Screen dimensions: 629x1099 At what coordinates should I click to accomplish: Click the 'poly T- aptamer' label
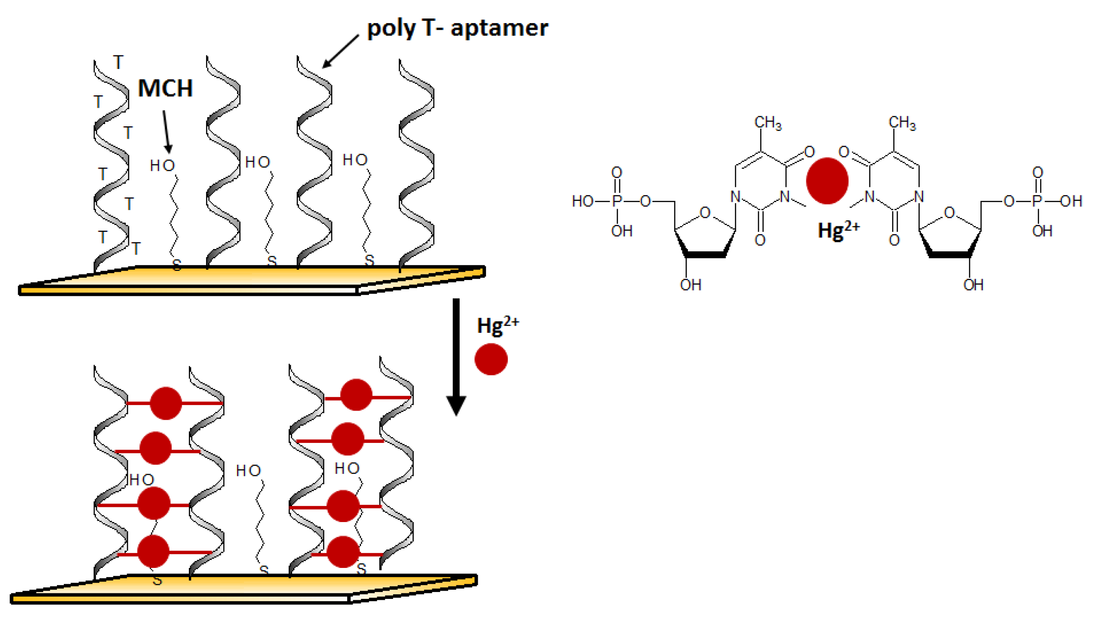tap(457, 28)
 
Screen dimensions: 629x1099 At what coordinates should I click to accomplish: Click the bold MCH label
tap(165, 88)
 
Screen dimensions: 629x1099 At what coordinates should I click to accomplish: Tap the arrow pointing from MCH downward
tap(167, 132)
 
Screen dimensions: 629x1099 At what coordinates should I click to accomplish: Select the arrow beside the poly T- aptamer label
tap(340, 51)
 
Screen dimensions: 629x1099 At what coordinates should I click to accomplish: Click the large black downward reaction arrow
tap(456, 356)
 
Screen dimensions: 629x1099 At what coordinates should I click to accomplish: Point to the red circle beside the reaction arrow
tap(491, 359)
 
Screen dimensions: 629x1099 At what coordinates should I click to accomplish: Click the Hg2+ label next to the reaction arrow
tap(498, 325)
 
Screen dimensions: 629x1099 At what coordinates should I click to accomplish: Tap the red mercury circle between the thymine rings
tap(827, 181)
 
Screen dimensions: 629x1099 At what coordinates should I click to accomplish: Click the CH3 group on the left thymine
tap(768, 123)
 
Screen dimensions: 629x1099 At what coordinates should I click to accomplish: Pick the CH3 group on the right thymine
tap(902, 123)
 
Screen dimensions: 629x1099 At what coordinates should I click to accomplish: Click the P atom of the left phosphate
tap(617, 201)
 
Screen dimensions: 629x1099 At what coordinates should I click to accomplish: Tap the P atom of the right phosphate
tap(1037, 201)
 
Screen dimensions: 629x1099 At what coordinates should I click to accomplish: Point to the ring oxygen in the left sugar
tap(705, 213)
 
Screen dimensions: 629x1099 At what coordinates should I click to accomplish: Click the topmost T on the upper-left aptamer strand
tap(119, 62)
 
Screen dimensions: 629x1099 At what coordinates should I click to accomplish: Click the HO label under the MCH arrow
tap(162, 166)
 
